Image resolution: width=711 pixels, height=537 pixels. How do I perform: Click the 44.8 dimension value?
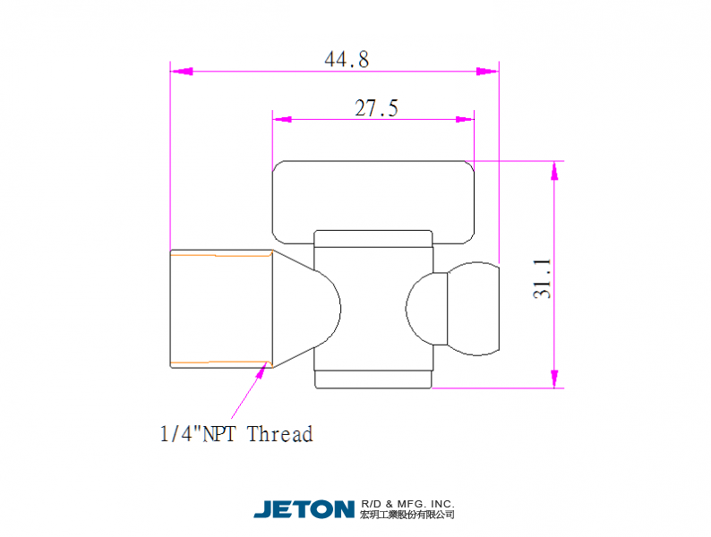(347, 59)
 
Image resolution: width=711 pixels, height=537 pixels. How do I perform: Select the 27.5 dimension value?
(376, 108)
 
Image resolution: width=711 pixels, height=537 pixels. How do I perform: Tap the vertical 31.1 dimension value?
(543, 278)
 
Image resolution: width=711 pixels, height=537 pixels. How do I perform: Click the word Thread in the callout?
(280, 434)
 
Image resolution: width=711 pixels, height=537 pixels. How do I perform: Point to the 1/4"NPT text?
(198, 434)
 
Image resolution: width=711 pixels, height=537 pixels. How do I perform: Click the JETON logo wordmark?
(304, 509)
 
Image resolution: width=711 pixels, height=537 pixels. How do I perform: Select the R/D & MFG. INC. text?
(407, 504)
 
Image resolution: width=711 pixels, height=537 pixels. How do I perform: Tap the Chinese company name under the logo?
(407, 515)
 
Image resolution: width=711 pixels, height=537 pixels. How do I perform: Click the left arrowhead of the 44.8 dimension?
(182, 71)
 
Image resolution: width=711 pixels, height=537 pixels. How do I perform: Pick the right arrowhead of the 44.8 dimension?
(487, 71)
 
